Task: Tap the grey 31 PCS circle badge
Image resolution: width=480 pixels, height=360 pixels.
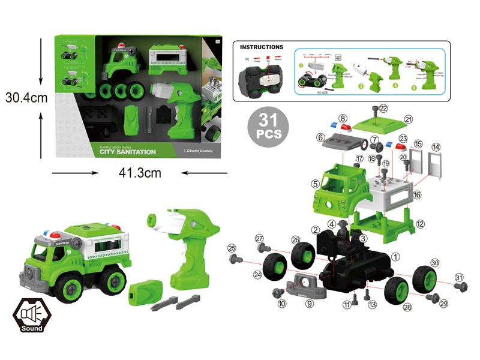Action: (267, 128)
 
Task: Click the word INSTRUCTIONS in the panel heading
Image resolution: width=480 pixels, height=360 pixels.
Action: (261, 47)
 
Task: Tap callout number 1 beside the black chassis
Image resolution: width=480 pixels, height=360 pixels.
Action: (395, 256)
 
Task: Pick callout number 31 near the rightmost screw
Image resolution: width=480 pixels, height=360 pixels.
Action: (459, 277)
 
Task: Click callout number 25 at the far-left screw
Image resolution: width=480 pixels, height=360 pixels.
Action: (232, 247)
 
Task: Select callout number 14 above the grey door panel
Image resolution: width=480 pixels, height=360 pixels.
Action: (436, 147)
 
